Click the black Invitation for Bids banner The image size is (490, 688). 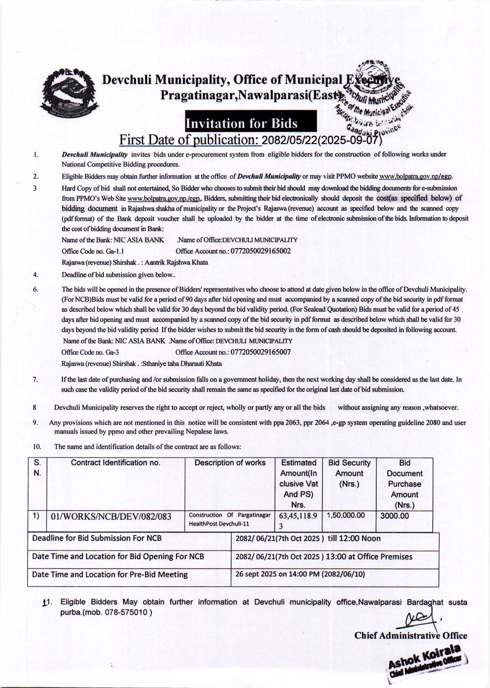[x=251, y=121]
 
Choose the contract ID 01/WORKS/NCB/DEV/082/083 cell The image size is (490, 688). [x=111, y=517]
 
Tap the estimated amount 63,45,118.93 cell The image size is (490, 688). [x=298, y=520]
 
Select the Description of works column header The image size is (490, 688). [x=230, y=463]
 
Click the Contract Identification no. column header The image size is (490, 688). [x=116, y=463]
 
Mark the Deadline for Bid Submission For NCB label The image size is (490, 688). [x=97, y=538]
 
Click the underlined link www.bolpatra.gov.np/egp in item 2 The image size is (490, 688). [x=416, y=177]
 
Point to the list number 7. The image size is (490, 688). [x=35, y=379]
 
